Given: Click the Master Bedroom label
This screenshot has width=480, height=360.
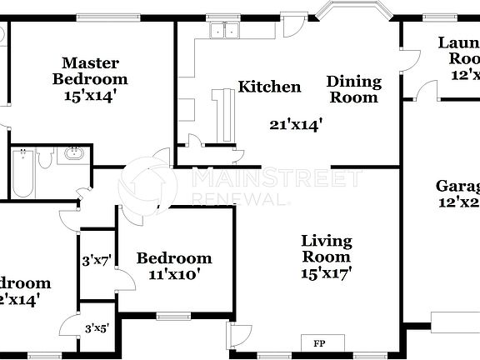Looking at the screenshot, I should (90, 71).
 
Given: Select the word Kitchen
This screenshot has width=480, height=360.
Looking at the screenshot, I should (269, 87).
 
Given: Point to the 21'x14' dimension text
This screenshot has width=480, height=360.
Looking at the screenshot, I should (296, 125).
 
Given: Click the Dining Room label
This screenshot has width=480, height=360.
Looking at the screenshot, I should (353, 89).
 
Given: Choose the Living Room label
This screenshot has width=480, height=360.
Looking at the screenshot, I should (327, 248).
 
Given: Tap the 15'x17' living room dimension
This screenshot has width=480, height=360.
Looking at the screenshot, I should (327, 272).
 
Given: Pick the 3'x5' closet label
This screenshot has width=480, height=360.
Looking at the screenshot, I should (96, 329).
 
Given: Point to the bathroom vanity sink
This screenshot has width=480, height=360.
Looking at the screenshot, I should (73, 155).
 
